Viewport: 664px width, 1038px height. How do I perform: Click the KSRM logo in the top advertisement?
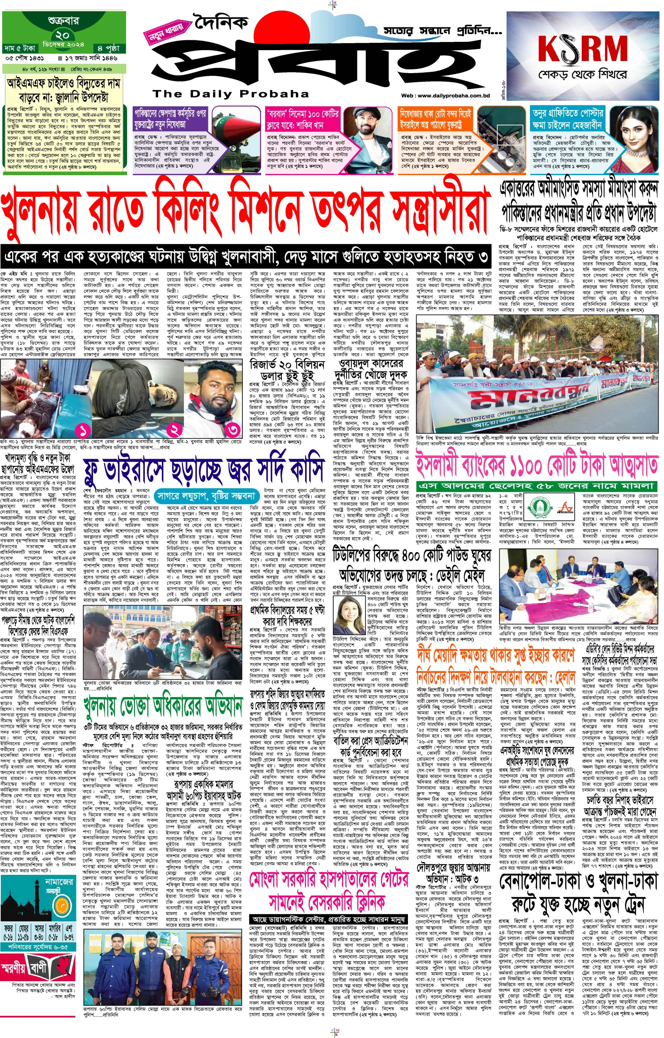[583, 49]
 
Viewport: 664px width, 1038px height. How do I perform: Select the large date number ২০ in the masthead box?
[63, 35]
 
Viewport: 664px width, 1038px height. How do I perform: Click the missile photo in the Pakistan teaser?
[236, 125]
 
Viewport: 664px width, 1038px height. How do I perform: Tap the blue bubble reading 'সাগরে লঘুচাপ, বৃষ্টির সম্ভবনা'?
[206, 495]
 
